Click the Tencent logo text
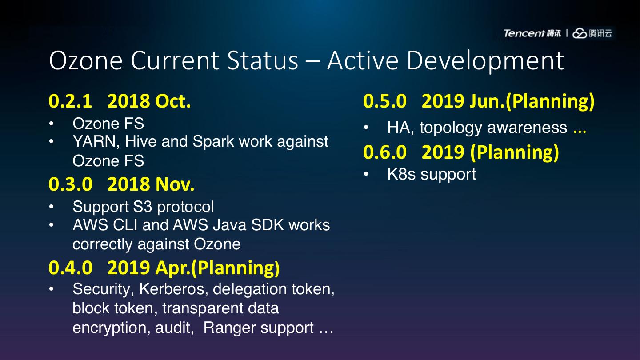point(524,33)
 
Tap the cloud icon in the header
point(580,33)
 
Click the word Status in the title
point(262,60)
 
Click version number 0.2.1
point(70,101)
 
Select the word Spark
point(213,142)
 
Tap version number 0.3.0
point(71,184)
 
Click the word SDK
point(268,225)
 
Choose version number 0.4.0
point(71,268)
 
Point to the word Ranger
point(229,328)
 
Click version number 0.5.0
point(385,101)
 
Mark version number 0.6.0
point(385,152)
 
